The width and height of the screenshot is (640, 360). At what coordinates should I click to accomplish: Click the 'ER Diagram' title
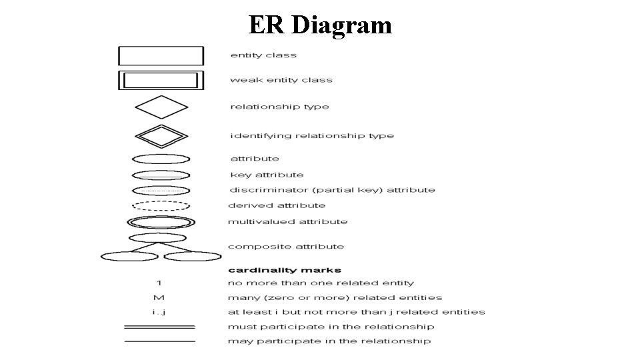[x=320, y=25]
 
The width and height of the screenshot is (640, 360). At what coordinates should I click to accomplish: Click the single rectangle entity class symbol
[x=161, y=55]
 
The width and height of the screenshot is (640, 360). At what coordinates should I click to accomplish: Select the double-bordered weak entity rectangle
[x=161, y=80]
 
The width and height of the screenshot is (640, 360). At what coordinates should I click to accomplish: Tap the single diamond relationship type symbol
[x=161, y=107]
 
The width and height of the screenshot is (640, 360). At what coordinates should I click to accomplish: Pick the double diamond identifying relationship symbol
[x=161, y=135]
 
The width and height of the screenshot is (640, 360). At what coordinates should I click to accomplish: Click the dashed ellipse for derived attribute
[x=161, y=206]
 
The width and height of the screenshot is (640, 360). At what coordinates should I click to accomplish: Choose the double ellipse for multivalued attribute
[x=161, y=222]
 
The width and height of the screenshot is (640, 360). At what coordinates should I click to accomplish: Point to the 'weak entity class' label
[x=281, y=80]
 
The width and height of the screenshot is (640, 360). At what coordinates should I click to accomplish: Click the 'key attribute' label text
[x=267, y=175]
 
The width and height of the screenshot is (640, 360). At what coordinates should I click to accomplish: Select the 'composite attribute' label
[x=286, y=247]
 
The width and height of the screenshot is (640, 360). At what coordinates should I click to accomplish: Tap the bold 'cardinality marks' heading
[x=285, y=270]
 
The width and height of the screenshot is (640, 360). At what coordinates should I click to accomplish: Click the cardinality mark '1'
[x=159, y=283]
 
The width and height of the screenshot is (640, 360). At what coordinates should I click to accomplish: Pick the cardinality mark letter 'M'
[x=159, y=298]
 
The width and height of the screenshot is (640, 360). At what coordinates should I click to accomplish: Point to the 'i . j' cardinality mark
[x=159, y=312]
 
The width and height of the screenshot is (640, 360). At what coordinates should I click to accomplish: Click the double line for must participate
[x=160, y=327]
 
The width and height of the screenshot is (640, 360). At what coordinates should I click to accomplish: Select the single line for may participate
[x=160, y=341]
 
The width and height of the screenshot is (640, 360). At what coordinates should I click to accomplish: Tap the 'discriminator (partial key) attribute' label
[x=333, y=190]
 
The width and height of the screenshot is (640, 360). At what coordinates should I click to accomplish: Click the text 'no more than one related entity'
[x=321, y=283]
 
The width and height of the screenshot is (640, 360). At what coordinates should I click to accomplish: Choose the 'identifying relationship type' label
[x=312, y=136]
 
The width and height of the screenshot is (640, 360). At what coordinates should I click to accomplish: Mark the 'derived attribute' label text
[x=277, y=206]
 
